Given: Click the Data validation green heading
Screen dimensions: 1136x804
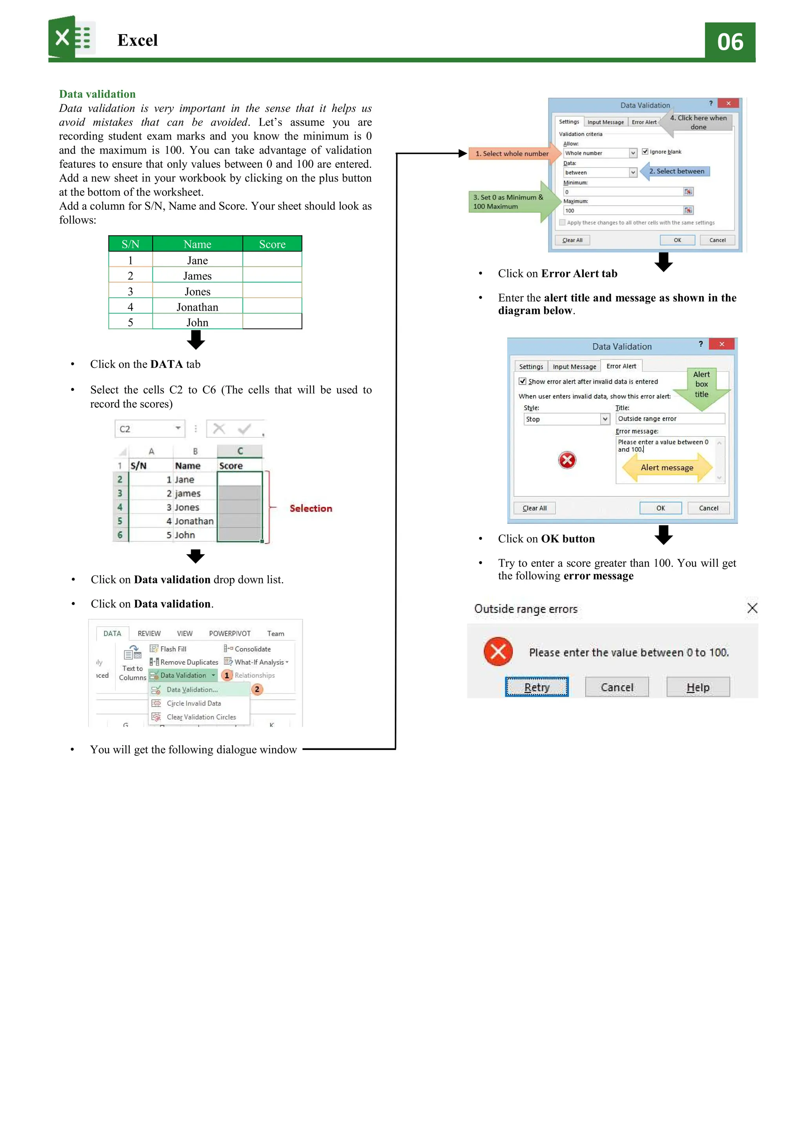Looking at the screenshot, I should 97,94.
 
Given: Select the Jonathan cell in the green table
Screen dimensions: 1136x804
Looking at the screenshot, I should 197,307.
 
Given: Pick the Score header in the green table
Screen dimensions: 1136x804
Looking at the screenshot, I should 272,244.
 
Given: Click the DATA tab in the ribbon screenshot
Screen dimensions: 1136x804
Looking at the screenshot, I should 112,633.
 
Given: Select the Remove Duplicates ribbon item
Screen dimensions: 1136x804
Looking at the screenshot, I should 188,662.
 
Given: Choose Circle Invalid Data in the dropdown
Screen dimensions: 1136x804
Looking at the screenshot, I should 194,703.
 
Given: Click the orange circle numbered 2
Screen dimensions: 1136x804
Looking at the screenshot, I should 257,689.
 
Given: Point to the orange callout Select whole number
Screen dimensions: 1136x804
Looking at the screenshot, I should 512,153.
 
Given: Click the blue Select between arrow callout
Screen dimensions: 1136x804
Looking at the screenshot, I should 676,171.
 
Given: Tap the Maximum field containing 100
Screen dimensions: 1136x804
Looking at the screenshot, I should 623,210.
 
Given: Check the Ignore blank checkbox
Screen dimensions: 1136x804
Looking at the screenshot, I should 645,151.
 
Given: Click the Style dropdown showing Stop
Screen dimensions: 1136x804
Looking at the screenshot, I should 566,419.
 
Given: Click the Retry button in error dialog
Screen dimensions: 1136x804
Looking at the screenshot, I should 536,687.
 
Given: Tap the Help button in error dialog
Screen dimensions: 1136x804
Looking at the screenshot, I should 698,687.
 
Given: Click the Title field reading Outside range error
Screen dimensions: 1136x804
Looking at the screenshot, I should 669,419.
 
